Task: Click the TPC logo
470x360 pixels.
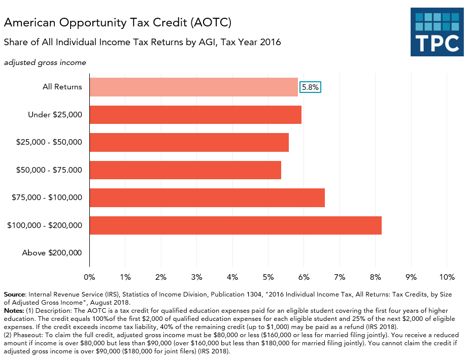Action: coord(437,31)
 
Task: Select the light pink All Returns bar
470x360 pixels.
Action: coord(193,87)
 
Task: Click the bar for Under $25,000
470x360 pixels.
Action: coord(195,115)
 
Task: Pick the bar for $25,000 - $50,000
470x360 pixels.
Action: coord(189,143)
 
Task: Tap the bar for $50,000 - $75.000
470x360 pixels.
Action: coord(185,170)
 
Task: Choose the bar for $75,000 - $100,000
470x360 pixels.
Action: coord(207,198)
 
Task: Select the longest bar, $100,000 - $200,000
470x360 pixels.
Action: coord(236,225)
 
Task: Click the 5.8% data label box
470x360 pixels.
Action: coord(310,87)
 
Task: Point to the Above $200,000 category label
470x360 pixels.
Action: coord(52,253)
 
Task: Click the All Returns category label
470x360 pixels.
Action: coord(62,87)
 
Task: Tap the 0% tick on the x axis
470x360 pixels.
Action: coord(89,277)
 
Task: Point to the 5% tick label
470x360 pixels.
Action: coord(268,277)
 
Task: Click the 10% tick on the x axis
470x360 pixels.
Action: coord(446,277)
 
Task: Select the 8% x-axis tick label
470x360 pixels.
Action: coord(375,277)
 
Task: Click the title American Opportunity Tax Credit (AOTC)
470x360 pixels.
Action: coord(118,23)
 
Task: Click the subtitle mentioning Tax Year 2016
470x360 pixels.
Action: coord(142,43)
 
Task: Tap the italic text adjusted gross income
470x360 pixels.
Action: coord(45,62)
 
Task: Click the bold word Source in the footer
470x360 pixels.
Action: coord(15,294)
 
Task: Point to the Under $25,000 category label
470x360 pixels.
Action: coord(55,115)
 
